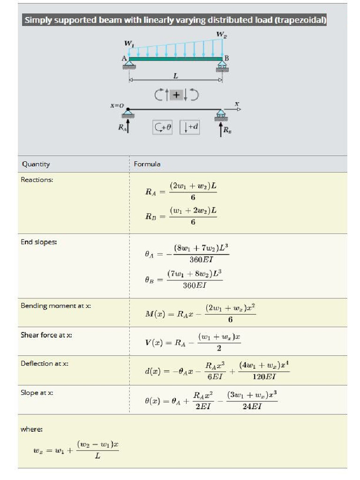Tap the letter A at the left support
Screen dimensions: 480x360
(124, 58)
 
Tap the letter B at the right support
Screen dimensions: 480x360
(227, 58)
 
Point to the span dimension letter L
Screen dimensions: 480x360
(175, 75)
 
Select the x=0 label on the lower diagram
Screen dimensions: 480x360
(117, 106)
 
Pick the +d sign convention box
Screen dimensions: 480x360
(189, 127)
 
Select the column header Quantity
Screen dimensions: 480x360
(36, 164)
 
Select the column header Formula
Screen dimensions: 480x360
(147, 164)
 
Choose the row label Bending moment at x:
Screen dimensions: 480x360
(56, 306)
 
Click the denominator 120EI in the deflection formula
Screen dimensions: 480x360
(264, 376)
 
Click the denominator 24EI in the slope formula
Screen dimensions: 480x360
(252, 406)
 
